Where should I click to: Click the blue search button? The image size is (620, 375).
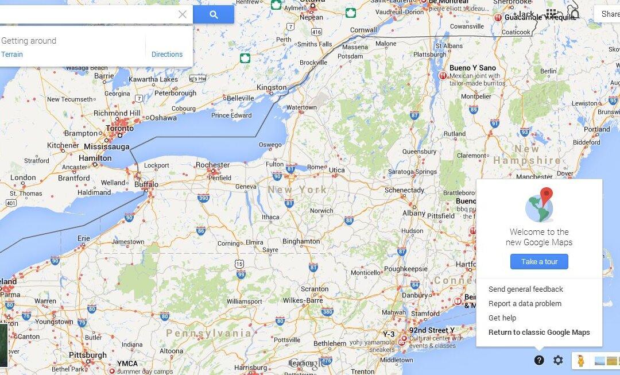pos(214,14)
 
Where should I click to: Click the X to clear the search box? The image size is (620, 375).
pos(183,14)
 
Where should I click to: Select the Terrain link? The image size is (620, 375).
pos(12,55)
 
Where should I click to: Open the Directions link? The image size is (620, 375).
pos(167,55)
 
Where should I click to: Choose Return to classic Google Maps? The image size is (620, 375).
pos(539,333)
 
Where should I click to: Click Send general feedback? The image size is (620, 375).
pos(526,289)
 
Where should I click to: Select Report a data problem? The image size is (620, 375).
pos(525,304)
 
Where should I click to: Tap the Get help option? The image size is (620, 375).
pos(502,318)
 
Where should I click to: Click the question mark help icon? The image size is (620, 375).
pos(539,360)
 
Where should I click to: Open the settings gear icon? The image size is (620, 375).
pos(558,360)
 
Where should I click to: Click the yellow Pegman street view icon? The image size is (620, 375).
pos(581,361)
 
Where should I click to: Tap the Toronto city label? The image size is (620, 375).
pos(120,129)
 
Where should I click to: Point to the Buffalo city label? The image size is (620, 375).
pos(145,185)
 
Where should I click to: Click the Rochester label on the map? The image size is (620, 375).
pos(212,165)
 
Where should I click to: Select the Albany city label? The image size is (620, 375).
pos(414,212)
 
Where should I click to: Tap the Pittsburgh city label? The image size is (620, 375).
pos(87,355)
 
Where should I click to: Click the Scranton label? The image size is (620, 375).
pos(315,289)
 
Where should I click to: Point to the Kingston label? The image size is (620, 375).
pos(272,87)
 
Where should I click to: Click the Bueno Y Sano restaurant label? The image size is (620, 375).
pos(472,68)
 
